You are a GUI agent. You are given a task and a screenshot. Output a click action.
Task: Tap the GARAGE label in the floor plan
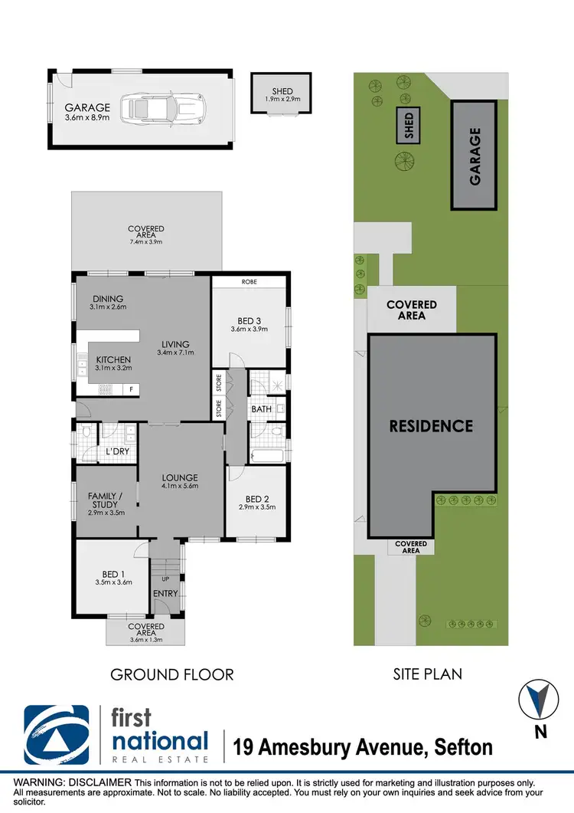(87, 108)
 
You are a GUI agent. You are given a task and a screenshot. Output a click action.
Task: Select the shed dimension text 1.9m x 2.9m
(282, 100)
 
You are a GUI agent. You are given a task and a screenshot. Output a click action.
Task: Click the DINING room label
(108, 299)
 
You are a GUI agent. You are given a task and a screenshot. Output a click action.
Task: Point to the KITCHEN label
(113, 359)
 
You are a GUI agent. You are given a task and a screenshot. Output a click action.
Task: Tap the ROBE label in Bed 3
(249, 282)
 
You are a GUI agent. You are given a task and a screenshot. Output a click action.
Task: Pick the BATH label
(262, 409)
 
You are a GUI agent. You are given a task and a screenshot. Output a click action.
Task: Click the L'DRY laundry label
(117, 451)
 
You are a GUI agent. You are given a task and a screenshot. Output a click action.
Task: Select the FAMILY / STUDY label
(105, 500)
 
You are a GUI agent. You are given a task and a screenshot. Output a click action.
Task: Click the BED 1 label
(113, 572)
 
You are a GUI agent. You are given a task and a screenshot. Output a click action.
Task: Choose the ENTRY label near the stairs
(165, 593)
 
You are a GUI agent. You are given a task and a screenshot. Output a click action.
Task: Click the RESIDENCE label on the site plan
(431, 426)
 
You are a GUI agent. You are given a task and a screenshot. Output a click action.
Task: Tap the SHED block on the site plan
(409, 126)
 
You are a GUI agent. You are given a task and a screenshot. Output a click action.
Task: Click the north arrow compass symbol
(540, 699)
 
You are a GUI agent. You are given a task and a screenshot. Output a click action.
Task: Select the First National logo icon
(57, 733)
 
